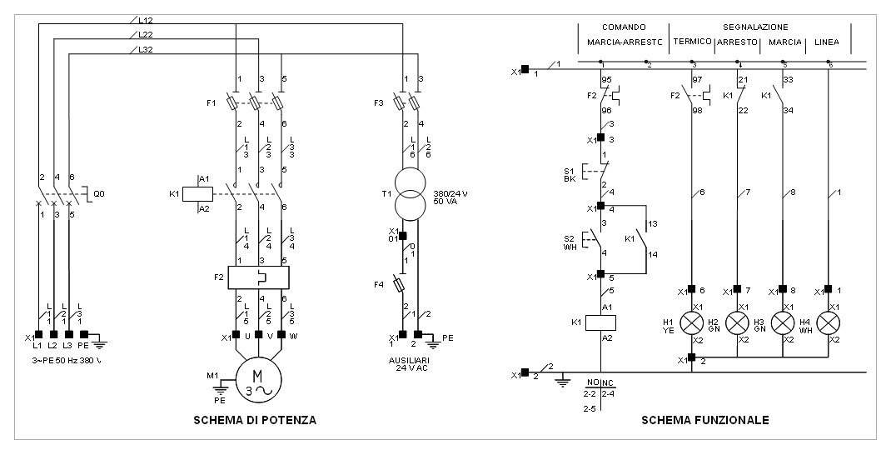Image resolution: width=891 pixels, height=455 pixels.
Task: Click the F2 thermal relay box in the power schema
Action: tap(258, 277)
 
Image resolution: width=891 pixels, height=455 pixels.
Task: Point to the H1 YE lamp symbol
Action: tap(691, 322)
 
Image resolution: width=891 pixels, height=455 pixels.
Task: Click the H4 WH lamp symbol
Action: tap(829, 322)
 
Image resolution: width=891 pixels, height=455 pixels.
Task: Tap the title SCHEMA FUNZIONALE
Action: tap(704, 421)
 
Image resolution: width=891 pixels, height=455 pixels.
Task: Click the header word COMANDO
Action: tap(624, 27)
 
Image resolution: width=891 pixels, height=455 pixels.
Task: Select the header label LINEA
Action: tap(827, 42)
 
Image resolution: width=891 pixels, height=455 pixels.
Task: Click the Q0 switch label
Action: tap(100, 192)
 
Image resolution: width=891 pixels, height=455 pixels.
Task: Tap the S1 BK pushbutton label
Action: tap(570, 173)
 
